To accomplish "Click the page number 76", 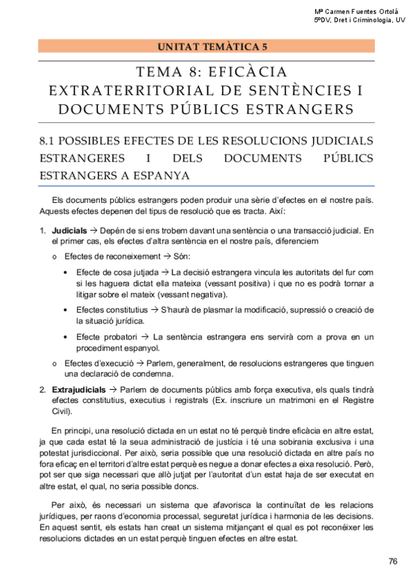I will [x=393, y=561].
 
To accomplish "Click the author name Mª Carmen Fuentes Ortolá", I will [x=356, y=12].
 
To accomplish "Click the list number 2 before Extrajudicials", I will [x=43, y=390].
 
